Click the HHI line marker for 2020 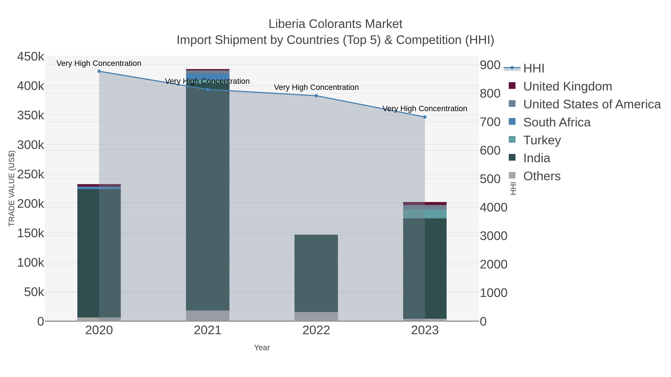pos(99,71)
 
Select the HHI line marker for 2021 pos(208,90)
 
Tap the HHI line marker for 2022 pos(316,96)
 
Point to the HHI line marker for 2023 pos(425,117)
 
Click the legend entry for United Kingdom pos(567,86)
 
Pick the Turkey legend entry pos(542,140)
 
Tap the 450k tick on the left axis pos(31,56)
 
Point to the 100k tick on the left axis pos(31,263)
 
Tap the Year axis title pos(262,348)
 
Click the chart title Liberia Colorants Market pos(335,24)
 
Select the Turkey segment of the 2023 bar pos(425,214)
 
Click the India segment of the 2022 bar pos(316,273)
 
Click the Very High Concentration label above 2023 pos(425,109)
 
